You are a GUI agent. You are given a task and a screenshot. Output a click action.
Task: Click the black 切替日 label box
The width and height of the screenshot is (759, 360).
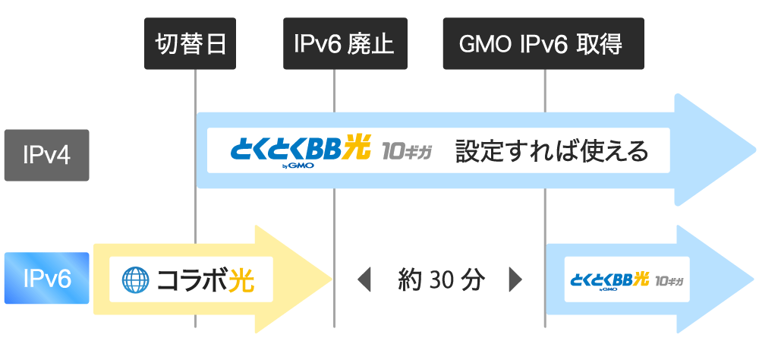191,43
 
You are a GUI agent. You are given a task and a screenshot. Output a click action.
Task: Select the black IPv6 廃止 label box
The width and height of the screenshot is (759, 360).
345,43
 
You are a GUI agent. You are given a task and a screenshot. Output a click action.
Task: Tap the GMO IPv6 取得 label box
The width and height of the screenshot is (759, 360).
543,43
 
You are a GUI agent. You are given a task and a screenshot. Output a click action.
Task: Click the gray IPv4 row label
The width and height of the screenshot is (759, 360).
46,155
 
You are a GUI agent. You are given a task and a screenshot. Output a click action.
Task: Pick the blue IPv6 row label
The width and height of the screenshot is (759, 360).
46,278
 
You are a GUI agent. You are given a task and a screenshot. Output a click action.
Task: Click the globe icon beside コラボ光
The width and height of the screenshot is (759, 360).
133,280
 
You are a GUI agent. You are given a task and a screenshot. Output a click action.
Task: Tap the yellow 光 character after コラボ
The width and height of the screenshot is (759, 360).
241,280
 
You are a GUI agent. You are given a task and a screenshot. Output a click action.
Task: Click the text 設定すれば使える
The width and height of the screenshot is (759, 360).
551,152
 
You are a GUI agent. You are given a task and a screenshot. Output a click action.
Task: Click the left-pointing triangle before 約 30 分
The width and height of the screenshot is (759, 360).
364,280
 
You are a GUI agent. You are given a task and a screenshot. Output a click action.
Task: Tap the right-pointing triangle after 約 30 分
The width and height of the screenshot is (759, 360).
515,280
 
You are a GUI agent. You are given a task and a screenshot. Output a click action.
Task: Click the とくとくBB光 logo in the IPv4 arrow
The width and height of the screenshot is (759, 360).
301,150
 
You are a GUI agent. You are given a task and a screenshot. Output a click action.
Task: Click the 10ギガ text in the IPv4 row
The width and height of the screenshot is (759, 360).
407,151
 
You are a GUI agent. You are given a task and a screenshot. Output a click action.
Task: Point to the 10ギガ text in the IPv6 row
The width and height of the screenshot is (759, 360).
669,281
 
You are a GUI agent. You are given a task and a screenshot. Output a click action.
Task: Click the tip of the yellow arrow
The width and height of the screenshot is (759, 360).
332,279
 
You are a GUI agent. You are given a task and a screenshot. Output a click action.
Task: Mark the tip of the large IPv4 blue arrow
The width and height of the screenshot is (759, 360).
755,150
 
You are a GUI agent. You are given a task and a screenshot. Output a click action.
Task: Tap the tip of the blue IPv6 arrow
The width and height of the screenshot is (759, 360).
754,279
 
